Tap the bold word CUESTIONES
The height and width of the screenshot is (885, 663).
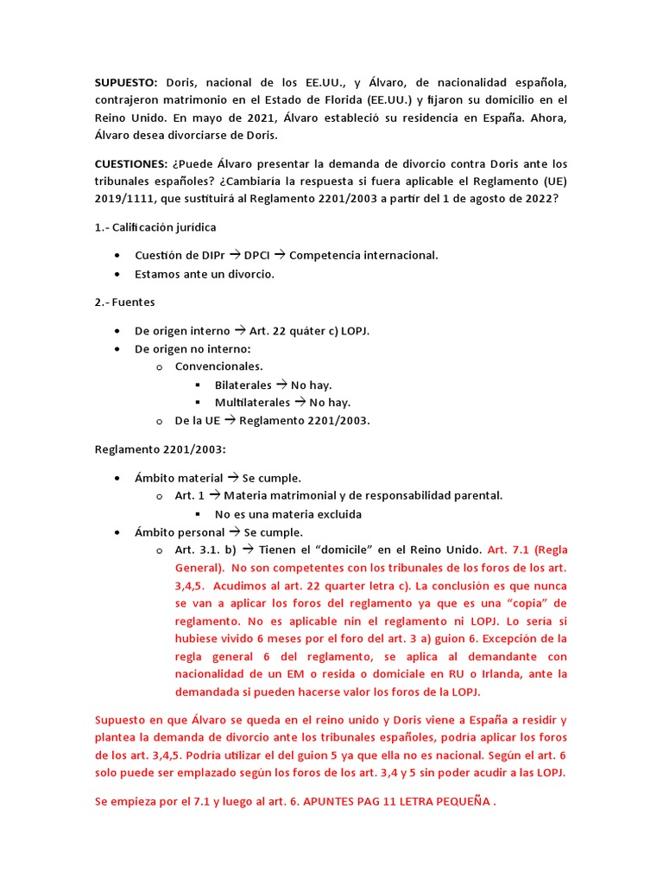point(130,163)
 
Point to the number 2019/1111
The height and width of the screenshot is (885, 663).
point(126,198)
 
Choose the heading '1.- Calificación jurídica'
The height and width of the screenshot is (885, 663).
point(155,227)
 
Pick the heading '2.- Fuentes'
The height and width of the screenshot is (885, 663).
point(124,302)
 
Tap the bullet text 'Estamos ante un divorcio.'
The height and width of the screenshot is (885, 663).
point(205,274)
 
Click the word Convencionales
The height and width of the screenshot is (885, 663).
point(219,366)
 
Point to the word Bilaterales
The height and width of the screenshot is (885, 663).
point(243,385)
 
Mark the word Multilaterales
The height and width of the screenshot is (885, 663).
point(253,402)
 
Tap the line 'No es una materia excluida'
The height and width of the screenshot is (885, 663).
point(288,514)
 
